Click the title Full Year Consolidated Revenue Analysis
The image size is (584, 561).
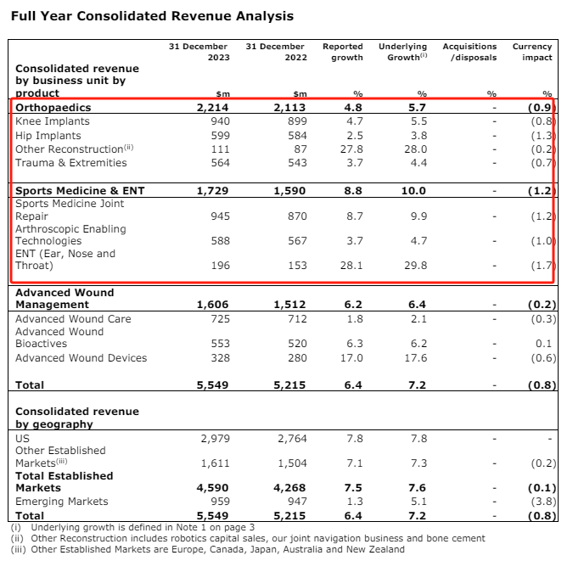[152, 16]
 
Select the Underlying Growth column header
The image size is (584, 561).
[402, 52]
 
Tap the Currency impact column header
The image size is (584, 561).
[532, 52]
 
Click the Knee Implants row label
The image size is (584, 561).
[53, 121]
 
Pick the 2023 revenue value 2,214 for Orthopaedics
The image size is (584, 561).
[212, 108]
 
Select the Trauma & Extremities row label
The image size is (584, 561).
[70, 162]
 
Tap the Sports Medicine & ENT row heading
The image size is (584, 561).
[80, 191]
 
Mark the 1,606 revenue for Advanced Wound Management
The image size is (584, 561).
[212, 305]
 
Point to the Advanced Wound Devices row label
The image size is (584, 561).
[81, 358]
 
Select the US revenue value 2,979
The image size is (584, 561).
[214, 439]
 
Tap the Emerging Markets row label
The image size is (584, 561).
[62, 502]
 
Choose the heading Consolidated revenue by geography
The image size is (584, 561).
[76, 418]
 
